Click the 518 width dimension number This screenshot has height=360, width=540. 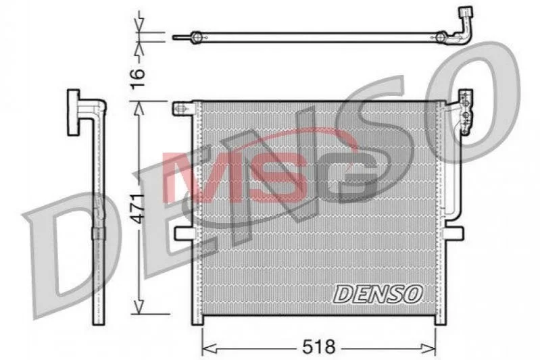(x=318, y=346)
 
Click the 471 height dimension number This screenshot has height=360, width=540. (x=139, y=209)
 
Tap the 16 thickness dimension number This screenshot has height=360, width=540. (x=138, y=79)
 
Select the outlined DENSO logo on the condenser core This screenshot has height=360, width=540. (x=378, y=294)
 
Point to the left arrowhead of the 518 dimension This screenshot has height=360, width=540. (x=209, y=349)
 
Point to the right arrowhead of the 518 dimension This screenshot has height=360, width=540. (x=428, y=349)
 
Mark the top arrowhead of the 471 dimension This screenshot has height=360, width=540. (x=139, y=109)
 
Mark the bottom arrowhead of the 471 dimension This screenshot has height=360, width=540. (x=139, y=307)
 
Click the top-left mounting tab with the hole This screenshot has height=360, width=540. (x=182, y=109)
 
